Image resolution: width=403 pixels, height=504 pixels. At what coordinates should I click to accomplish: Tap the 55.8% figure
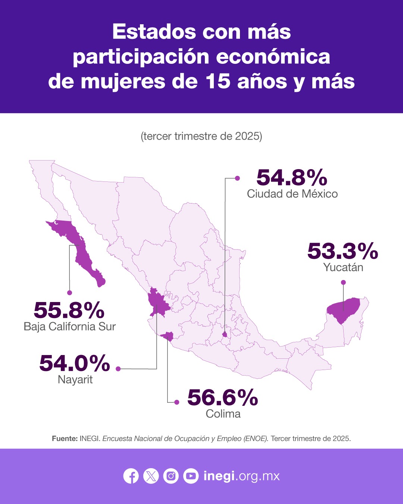tap(69, 310)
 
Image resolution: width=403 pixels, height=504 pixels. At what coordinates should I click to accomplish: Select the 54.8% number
tap(291, 178)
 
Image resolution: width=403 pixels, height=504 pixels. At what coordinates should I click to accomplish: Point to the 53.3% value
tap(343, 251)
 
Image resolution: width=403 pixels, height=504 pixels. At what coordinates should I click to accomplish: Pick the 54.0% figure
tap(75, 363)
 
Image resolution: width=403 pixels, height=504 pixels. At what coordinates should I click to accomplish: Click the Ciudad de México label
tap(292, 194)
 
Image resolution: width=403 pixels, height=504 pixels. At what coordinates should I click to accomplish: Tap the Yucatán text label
tap(343, 267)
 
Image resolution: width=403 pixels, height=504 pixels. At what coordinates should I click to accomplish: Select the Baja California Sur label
tap(70, 326)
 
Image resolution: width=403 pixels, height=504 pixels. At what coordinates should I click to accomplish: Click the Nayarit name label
tap(75, 379)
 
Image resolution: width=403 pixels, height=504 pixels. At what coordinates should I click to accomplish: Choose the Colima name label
tap(223, 414)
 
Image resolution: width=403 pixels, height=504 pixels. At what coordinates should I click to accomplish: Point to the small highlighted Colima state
tap(168, 337)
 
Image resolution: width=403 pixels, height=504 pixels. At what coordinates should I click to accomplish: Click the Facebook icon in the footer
tap(131, 476)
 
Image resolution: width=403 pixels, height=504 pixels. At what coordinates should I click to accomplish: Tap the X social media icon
tap(151, 476)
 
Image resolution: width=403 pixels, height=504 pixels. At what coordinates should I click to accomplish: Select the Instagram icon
tap(171, 476)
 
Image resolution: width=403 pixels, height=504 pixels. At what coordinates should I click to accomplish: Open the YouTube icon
tap(191, 476)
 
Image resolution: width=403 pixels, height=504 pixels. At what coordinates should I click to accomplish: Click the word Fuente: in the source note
tap(65, 438)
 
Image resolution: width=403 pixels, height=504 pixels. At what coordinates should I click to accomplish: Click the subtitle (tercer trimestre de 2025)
tap(201, 136)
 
